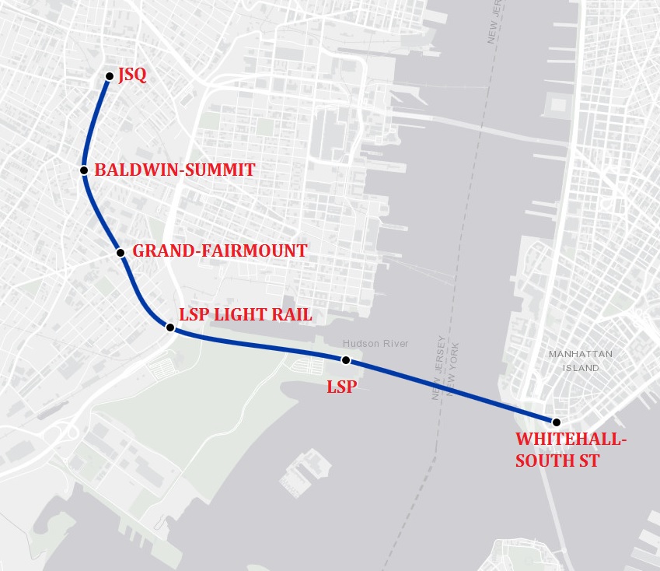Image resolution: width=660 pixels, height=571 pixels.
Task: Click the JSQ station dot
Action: point(110,76)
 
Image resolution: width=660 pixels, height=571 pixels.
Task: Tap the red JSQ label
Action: point(132,76)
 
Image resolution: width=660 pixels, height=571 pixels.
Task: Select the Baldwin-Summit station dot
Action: point(83,170)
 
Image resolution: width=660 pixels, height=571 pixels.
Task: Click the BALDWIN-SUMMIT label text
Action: point(174,170)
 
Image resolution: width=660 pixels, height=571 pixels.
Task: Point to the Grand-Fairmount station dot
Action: point(120,252)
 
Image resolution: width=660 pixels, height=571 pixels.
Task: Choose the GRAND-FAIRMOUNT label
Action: point(220,251)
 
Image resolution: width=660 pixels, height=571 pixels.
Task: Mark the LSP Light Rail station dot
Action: point(170,328)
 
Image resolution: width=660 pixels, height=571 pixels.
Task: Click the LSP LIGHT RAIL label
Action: point(245,315)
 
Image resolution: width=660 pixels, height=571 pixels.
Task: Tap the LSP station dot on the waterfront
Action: point(346,360)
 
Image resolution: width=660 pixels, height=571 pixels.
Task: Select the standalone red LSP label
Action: point(341,386)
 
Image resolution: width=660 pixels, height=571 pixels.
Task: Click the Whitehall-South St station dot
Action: point(557,422)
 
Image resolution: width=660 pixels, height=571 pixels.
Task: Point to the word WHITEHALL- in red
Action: point(571,441)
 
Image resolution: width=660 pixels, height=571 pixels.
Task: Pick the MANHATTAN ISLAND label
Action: point(581,361)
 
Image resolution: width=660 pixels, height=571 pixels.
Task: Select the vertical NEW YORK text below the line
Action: point(452,370)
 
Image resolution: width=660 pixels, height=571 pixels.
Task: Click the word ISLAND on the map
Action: point(581,367)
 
